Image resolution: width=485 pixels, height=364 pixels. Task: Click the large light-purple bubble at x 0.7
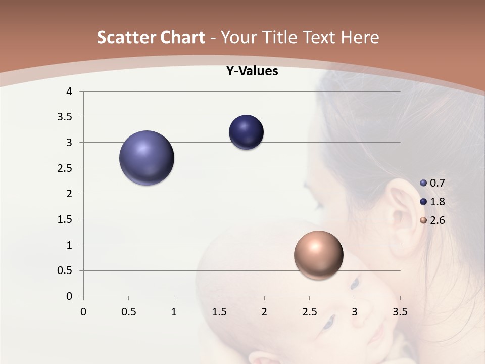(147, 158)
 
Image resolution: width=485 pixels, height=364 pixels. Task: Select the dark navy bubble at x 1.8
(246, 132)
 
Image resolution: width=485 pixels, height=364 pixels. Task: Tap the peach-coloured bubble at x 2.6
(318, 255)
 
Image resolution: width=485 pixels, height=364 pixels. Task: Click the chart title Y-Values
(252, 71)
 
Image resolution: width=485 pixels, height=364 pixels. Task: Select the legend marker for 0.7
(423, 183)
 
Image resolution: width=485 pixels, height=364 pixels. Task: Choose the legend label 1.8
(437, 202)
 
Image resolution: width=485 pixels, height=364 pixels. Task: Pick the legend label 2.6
(437, 220)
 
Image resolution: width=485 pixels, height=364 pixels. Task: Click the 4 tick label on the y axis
(70, 92)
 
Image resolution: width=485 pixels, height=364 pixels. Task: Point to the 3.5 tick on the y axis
(66, 117)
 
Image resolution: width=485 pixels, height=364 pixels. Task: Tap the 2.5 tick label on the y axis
(66, 168)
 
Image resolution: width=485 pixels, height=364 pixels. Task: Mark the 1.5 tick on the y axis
(66, 219)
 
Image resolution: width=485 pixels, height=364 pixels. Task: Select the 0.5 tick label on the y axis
(66, 270)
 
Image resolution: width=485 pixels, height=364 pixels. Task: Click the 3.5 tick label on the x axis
(400, 312)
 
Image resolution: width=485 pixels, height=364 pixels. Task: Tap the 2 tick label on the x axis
(264, 312)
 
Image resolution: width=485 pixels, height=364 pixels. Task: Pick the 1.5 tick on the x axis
(219, 312)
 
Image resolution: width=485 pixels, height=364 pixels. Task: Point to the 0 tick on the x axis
(83, 312)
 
